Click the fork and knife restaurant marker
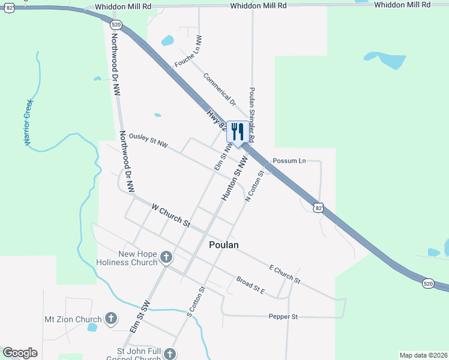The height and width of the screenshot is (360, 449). pos(237,132)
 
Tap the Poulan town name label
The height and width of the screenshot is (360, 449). pos(224,245)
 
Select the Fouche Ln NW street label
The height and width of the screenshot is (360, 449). pos(188,51)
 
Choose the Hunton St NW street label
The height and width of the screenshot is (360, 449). pos(234,179)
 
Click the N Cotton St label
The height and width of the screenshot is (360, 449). pos(255,185)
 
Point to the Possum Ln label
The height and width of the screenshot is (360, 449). pos(289,161)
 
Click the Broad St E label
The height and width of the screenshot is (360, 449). pos(250,284)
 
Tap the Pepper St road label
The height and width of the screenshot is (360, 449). pos(283,316)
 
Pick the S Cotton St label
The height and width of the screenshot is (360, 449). pos(196,302)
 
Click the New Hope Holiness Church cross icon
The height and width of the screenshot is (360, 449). pos(166,258)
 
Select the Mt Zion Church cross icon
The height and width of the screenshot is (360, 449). pos(110,319)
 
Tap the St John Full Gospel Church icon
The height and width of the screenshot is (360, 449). pos(170,354)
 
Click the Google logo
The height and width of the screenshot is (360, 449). pos(20,353)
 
